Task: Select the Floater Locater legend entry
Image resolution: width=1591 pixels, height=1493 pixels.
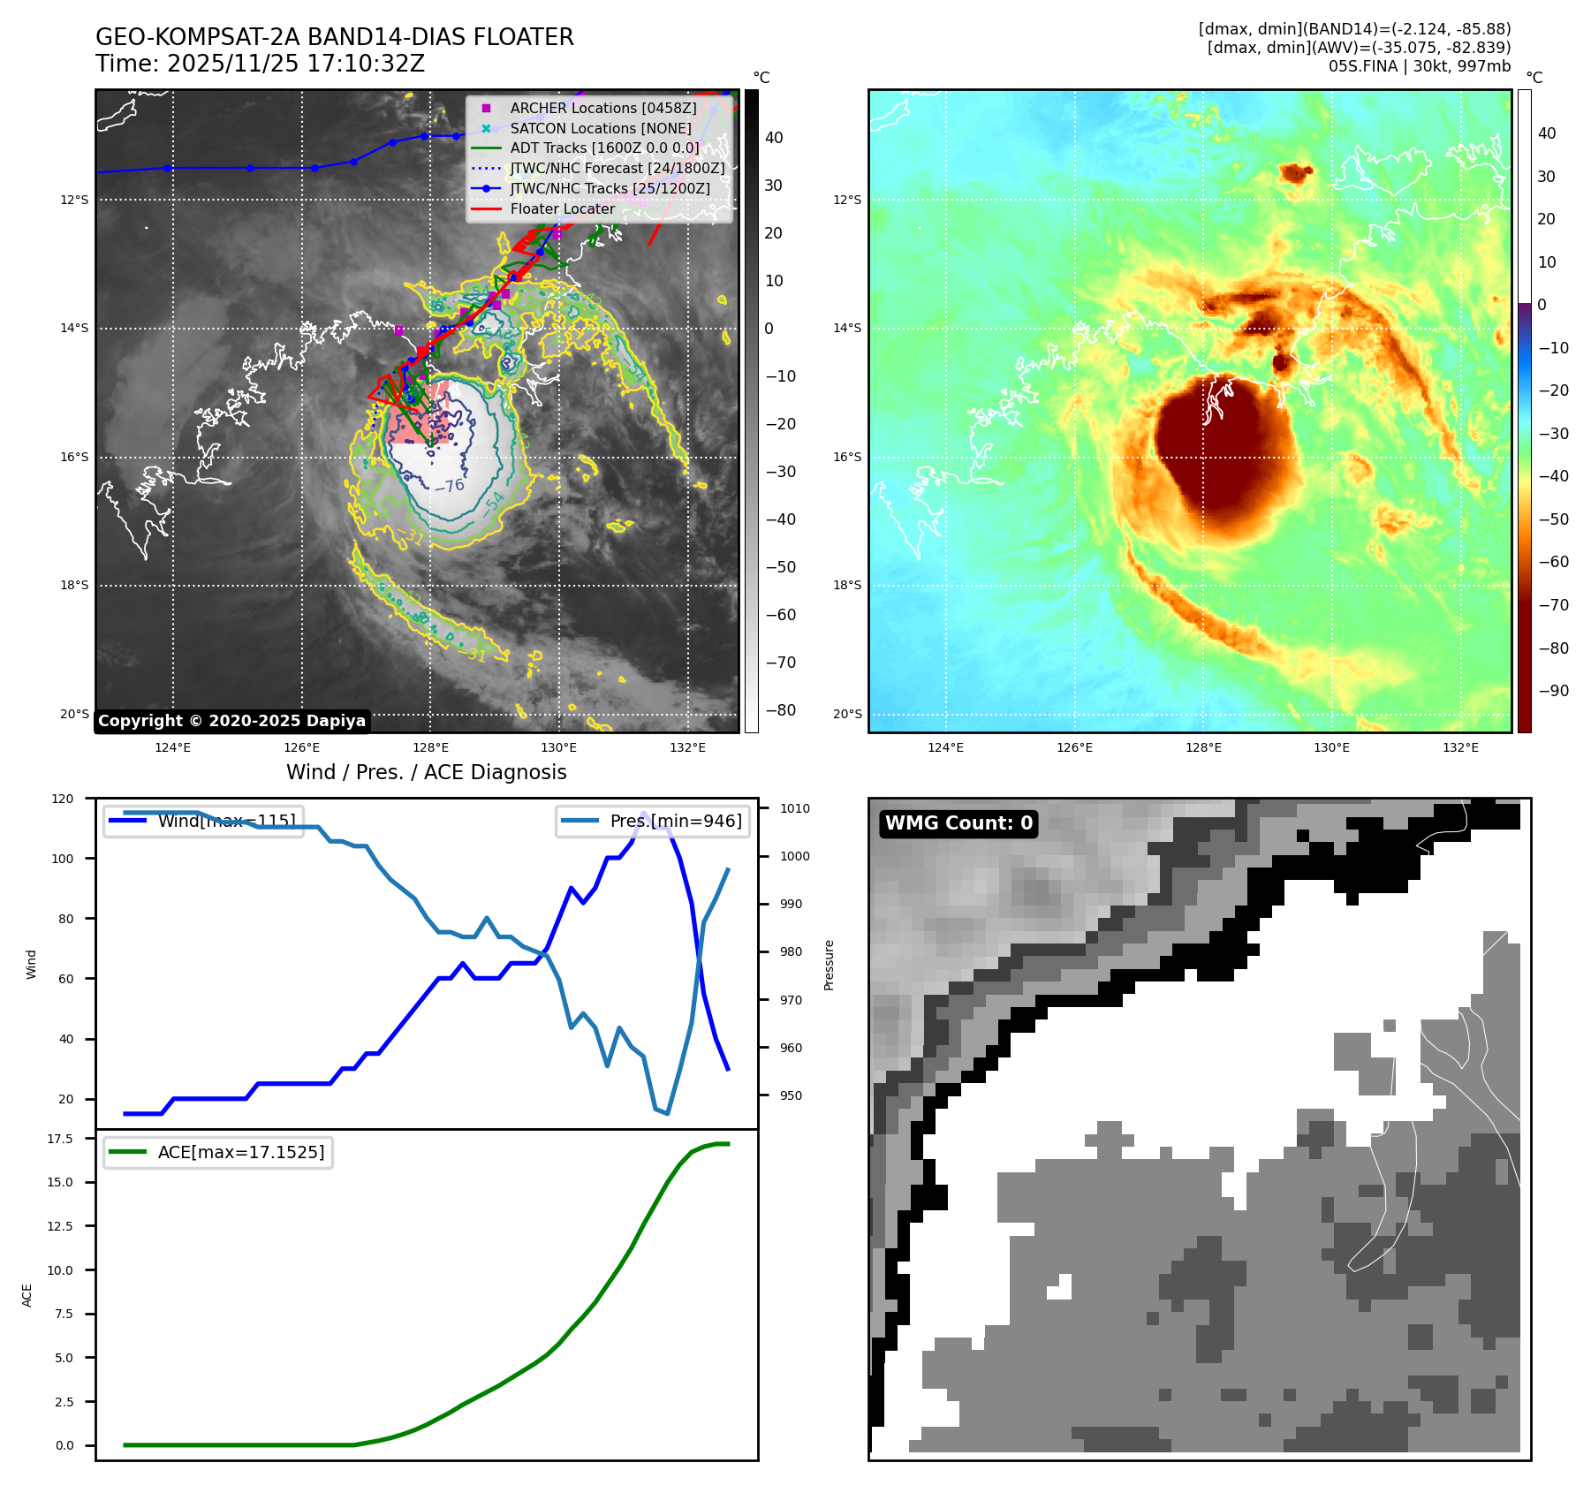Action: (x=562, y=208)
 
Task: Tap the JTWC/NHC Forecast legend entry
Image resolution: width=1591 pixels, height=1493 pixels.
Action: (x=617, y=168)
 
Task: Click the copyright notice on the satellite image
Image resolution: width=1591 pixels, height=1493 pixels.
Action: (x=231, y=721)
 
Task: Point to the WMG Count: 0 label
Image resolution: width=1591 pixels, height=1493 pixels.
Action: (x=958, y=823)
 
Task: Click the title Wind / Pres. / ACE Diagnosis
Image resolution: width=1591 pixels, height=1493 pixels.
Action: (x=427, y=772)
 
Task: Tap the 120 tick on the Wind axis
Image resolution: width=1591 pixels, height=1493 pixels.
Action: (x=64, y=799)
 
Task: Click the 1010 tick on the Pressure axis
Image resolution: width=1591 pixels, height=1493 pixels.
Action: (x=794, y=808)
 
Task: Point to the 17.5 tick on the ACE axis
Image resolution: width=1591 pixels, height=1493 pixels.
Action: (x=60, y=1139)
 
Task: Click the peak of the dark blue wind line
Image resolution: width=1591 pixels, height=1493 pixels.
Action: (x=643, y=813)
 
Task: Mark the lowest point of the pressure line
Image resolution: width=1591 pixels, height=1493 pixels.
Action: (x=667, y=1113)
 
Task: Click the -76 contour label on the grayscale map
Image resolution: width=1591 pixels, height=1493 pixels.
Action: (x=450, y=486)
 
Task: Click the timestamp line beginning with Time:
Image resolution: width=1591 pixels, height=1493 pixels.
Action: (x=260, y=64)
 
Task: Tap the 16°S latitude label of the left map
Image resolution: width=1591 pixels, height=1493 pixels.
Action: (x=74, y=458)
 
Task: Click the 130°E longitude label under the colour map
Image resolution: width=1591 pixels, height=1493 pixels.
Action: (x=1331, y=747)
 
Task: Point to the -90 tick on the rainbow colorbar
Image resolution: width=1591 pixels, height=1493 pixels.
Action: (x=1553, y=691)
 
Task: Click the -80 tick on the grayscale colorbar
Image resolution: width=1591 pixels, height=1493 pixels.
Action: (x=780, y=710)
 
